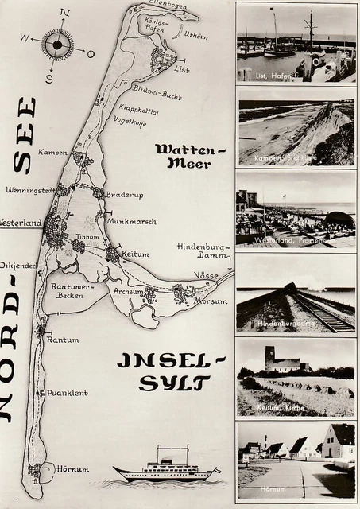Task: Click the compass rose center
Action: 57,45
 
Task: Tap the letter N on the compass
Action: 65,13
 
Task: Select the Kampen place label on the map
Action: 52,152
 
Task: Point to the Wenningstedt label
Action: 29,190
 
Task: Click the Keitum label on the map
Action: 137,254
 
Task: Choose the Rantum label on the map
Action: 63,340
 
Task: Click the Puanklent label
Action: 67,393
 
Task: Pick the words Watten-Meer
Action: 183,156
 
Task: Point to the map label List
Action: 182,69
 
